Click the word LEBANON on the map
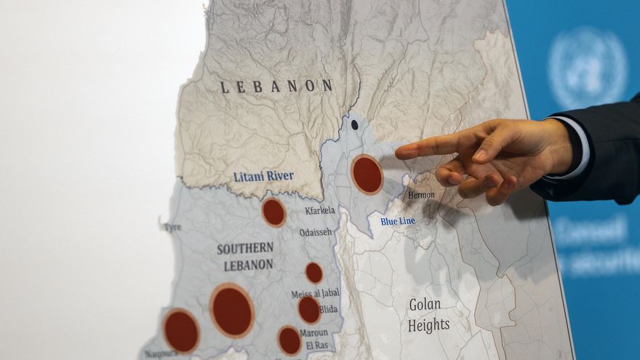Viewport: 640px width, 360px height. pos(276,87)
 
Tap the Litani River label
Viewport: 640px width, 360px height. pos(263,176)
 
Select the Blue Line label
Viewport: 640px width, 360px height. pos(398,221)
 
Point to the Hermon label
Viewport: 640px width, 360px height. pos(421,195)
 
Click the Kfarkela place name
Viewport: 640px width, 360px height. pos(320,210)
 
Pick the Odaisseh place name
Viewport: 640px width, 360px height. pos(315,232)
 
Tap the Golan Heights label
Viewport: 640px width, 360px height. pos(428,314)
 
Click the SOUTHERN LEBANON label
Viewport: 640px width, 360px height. pos(245,256)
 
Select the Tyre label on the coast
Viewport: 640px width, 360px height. pos(172,227)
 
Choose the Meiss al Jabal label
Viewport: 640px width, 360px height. pos(315,293)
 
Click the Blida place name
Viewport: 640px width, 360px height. pos(328,309)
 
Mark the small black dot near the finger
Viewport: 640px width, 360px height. pos(354,124)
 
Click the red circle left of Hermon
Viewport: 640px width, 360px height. pos(367,175)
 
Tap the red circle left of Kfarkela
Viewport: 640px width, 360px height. pos(273,212)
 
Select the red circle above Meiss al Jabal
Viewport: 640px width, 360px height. pos(314,273)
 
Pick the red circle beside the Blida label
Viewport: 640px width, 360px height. pos(309,310)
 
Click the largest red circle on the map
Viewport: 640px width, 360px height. pos(232,311)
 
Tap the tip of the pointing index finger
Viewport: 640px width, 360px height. pos(399,153)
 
